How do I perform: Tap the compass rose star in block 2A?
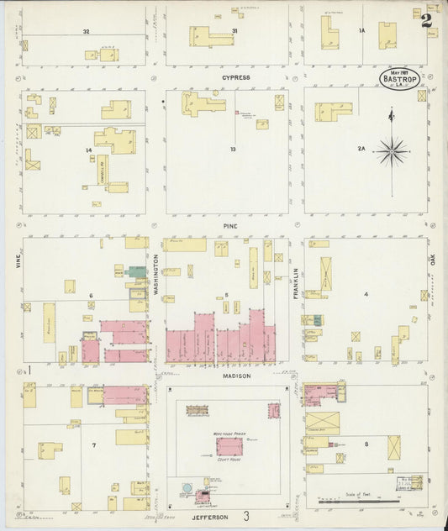(x=392, y=152)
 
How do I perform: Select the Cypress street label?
(x=235, y=77)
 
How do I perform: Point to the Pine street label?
(x=231, y=226)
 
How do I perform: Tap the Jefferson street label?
(x=204, y=517)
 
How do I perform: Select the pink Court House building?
(x=229, y=446)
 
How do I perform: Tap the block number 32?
(x=86, y=31)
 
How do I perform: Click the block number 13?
(x=232, y=150)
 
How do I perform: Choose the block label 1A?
(x=361, y=31)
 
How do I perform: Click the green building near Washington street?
(x=136, y=272)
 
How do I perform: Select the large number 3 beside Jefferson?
(x=246, y=516)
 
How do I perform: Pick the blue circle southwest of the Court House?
(x=187, y=488)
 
